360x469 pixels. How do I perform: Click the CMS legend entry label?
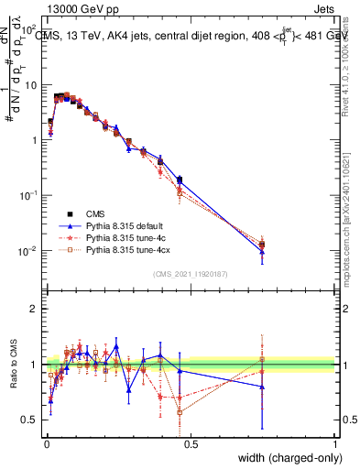tap(95, 212)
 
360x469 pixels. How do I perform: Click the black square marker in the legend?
tap(70, 212)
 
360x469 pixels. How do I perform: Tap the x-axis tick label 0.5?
tap(191, 442)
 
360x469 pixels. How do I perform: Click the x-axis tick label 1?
tap(334, 442)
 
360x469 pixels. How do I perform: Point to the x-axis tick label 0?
tap(46, 442)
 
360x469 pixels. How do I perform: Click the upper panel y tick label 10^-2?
tap(29, 251)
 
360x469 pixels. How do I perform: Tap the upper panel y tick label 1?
tap(34, 140)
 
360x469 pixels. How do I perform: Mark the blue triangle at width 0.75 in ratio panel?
tap(262, 387)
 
